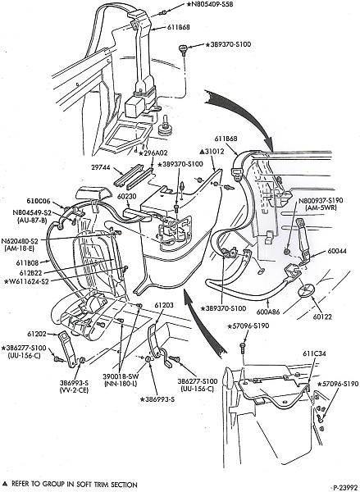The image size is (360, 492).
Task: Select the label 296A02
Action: (x=157, y=153)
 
